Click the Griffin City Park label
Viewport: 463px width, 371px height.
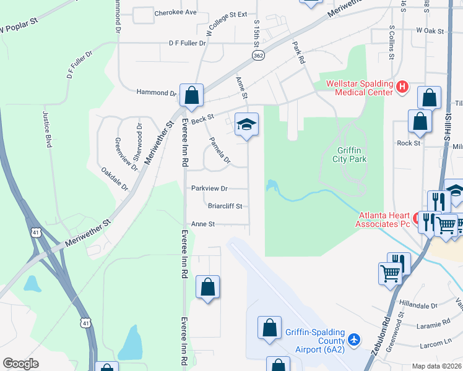tap(352, 155)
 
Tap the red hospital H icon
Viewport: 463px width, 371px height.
tap(402, 87)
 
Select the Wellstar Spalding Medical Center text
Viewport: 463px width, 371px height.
tap(355, 88)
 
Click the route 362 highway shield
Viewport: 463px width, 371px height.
tap(257, 56)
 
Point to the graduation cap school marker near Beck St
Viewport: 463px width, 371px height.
tap(246, 125)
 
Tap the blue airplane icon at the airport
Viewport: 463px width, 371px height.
tap(353, 339)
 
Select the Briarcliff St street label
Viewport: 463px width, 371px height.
tap(225, 206)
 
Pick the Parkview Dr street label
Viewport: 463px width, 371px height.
tap(209, 188)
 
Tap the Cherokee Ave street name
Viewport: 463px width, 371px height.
tap(175, 12)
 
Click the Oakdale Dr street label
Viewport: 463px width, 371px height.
tap(116, 177)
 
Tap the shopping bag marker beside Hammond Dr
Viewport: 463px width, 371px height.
tap(192, 95)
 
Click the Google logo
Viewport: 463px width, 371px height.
tap(20, 364)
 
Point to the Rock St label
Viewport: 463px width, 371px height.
tap(409, 143)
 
